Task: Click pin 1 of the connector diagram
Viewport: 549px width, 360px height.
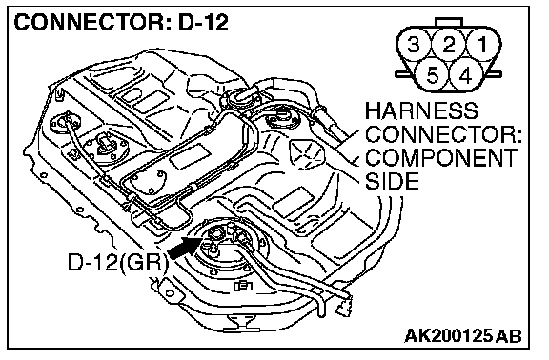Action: [483, 45]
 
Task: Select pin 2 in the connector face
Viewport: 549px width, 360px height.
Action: [449, 45]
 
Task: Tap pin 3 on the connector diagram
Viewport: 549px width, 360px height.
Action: [415, 45]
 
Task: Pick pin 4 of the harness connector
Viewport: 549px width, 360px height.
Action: [466, 75]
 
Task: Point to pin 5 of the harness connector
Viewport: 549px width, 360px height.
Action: [432, 75]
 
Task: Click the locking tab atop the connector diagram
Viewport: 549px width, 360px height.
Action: [449, 22]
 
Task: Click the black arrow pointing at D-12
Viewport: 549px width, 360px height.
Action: [185, 248]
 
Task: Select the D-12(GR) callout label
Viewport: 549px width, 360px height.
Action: [118, 262]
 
